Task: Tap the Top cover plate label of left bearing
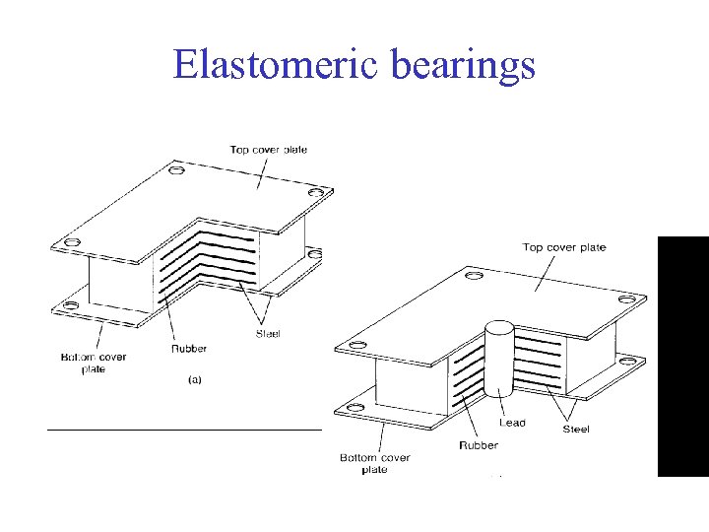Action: (268, 150)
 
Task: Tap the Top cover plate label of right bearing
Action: (563, 247)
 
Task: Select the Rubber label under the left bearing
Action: (189, 348)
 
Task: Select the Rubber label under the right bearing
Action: (478, 445)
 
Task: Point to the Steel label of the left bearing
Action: (267, 334)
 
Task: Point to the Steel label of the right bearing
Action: (576, 429)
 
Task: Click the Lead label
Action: (512, 423)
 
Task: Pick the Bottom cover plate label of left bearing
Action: (103, 363)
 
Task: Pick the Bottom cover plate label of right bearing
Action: (374, 463)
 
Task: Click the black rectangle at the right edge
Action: (682, 357)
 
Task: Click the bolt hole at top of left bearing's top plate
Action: (175, 170)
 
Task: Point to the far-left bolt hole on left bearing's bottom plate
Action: (69, 306)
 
